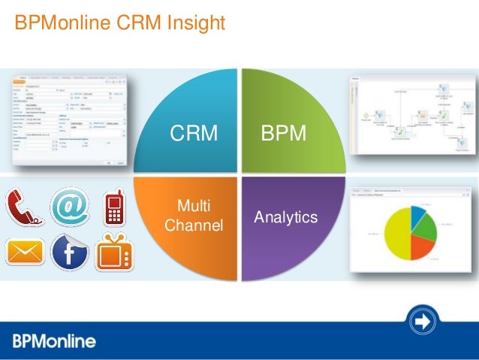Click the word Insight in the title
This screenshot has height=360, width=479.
(x=194, y=23)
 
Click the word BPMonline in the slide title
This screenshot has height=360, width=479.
(x=61, y=23)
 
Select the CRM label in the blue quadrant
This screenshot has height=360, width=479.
(x=194, y=134)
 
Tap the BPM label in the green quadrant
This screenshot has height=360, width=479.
(x=284, y=134)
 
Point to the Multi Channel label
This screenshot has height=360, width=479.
(x=194, y=216)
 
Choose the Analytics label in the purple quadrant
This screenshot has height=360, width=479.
(x=286, y=217)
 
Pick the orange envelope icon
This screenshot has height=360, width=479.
(x=25, y=250)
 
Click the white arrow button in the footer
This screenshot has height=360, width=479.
(x=423, y=322)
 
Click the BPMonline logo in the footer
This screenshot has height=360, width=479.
(x=54, y=341)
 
